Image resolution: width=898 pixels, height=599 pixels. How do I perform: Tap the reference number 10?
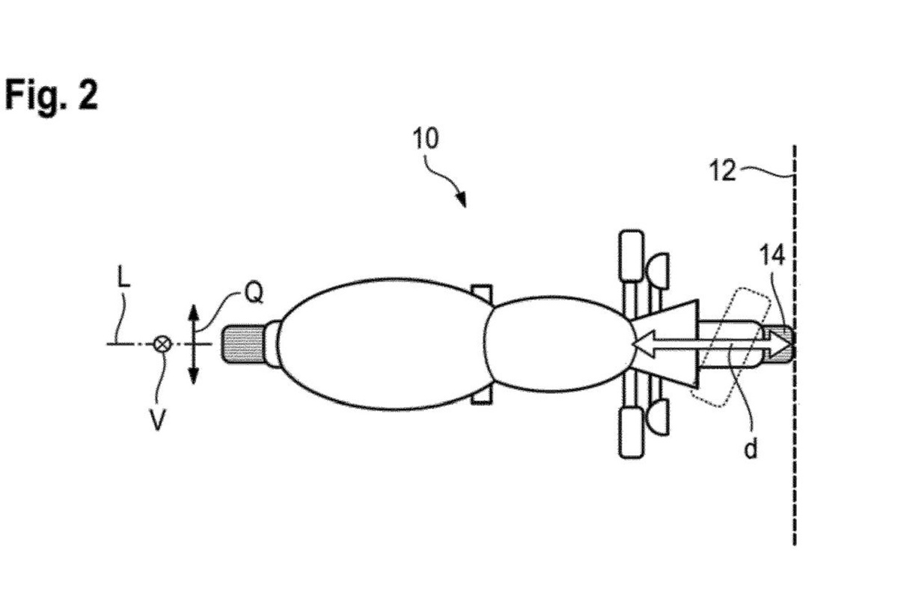tap(426, 139)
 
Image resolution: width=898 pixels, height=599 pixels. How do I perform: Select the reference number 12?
tap(722, 171)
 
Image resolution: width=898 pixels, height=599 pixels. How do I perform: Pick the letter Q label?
tap(254, 293)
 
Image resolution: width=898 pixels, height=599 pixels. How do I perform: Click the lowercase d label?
tap(751, 449)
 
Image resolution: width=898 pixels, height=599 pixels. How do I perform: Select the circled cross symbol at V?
tap(163, 344)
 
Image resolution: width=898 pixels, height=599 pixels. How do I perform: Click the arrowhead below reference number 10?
tap(462, 199)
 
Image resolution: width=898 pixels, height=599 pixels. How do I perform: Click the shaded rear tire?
tap(243, 344)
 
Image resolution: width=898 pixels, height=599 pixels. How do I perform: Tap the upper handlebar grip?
tap(632, 255)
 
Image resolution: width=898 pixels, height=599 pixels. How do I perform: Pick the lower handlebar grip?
tap(632, 432)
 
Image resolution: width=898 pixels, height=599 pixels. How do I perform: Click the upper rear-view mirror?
tap(659, 270)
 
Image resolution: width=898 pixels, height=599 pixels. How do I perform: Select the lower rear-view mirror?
tap(659, 417)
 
